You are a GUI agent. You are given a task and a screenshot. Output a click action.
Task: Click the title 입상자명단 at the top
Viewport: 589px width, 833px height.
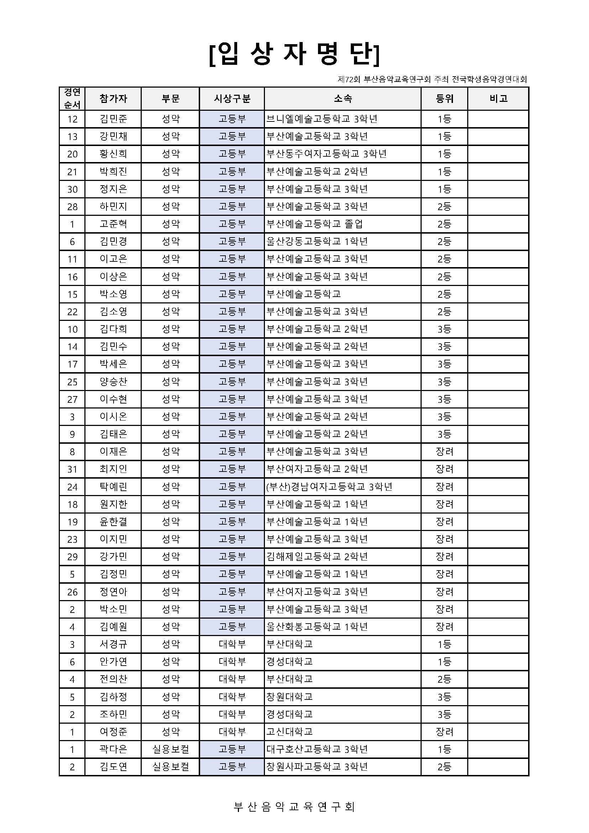(x=294, y=55)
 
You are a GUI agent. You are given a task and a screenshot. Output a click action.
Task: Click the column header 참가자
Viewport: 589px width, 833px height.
(x=113, y=99)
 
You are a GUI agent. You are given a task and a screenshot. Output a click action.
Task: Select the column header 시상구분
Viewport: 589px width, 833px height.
(x=232, y=99)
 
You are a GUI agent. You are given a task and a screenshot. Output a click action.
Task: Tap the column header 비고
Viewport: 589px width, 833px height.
(x=498, y=99)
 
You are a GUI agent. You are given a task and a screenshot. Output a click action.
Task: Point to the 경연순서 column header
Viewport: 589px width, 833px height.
(x=72, y=98)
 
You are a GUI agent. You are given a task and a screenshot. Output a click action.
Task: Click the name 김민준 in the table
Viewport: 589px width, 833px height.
(x=113, y=119)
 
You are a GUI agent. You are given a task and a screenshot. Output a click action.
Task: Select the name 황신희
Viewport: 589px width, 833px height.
(x=113, y=154)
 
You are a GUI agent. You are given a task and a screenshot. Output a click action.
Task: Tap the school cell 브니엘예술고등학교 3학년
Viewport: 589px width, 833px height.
(x=322, y=119)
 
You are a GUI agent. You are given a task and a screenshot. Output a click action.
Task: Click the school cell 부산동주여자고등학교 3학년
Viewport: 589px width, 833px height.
(x=327, y=154)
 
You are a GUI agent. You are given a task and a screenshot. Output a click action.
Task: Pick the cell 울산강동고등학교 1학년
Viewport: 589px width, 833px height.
(x=317, y=241)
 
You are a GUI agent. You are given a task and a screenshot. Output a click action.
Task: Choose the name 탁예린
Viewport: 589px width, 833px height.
(x=113, y=487)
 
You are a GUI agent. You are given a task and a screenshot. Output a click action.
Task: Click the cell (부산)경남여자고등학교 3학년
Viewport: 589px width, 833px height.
(x=329, y=487)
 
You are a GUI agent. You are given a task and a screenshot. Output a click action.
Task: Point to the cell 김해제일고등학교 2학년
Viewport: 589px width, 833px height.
(x=317, y=557)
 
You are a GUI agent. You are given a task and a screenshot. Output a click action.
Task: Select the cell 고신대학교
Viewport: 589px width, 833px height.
(x=290, y=732)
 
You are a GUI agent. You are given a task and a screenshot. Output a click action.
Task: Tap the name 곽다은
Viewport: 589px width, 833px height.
(x=113, y=749)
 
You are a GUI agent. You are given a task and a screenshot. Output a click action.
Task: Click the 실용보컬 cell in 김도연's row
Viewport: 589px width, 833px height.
(x=171, y=767)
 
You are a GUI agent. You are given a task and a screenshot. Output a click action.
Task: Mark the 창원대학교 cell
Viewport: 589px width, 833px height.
(x=290, y=697)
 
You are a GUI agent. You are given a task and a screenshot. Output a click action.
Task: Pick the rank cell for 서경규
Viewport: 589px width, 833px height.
(x=444, y=644)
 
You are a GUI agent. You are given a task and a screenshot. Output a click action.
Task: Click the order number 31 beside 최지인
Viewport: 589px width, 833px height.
(x=72, y=469)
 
